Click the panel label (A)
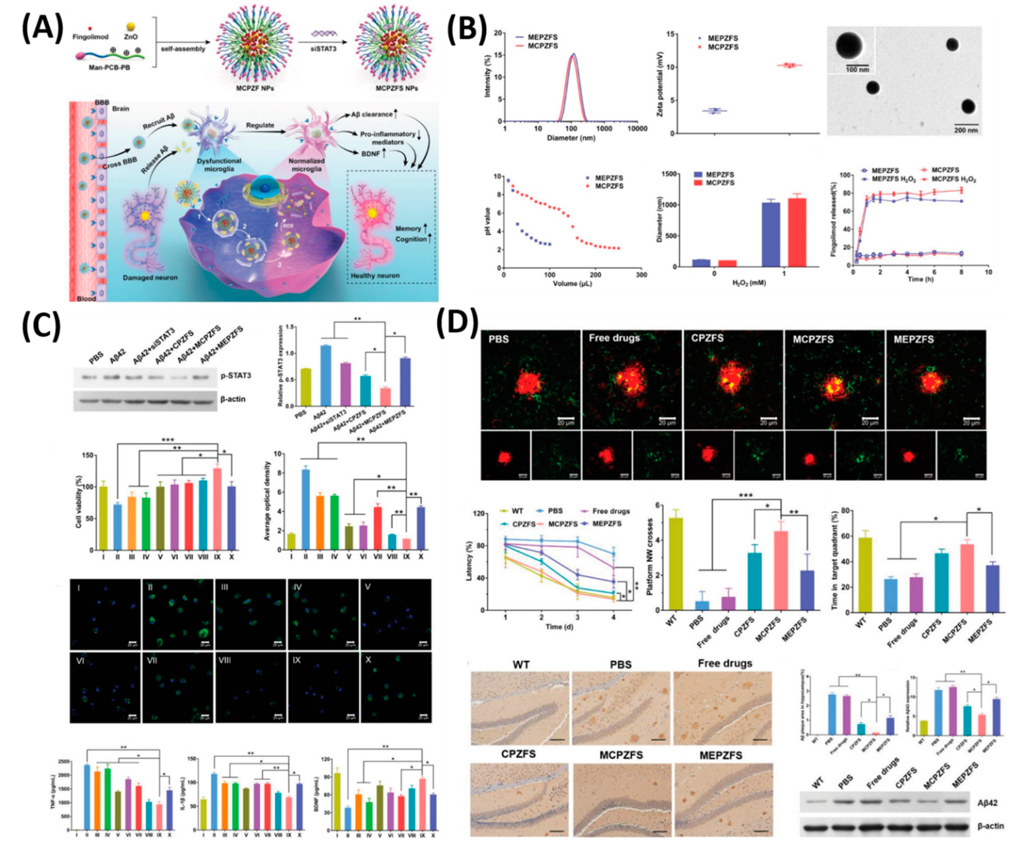click(43, 28)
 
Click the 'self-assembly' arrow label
click(183, 49)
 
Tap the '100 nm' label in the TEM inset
click(857, 69)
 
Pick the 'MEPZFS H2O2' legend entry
click(894, 179)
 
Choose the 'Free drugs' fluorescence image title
click(614, 338)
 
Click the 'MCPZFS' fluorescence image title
click(813, 339)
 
